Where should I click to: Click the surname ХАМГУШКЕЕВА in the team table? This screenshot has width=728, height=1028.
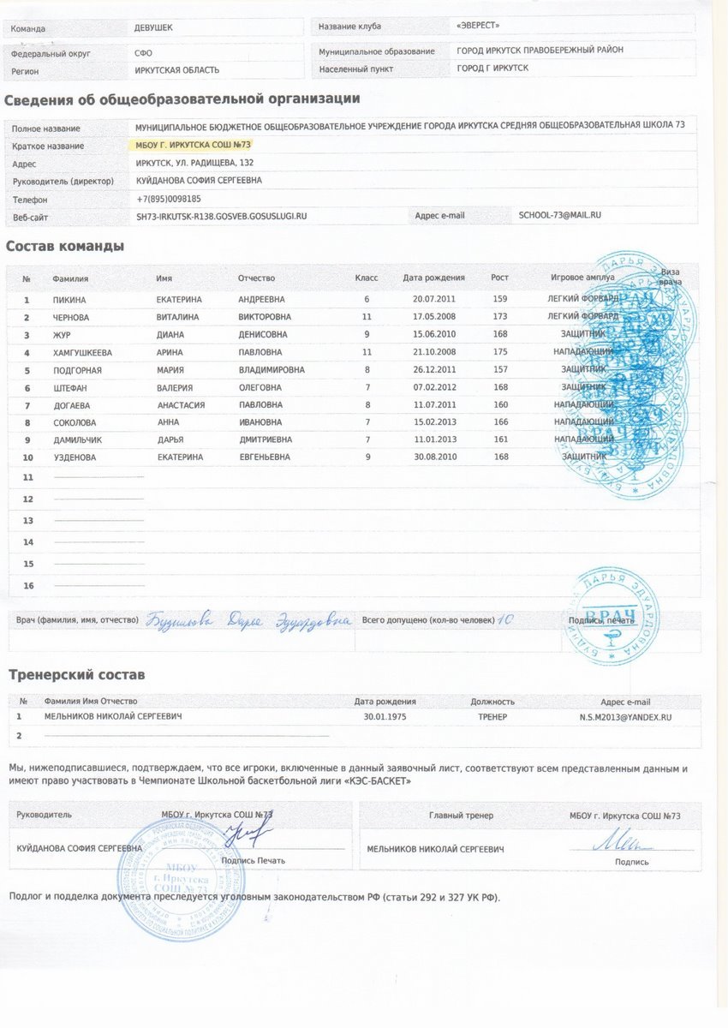[x=82, y=352]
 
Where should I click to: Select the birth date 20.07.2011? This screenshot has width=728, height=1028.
[x=434, y=300]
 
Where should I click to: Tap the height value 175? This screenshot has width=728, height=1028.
[x=501, y=352]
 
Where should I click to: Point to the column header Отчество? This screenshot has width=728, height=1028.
[x=256, y=278]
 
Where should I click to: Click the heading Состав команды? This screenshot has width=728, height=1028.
[x=65, y=247]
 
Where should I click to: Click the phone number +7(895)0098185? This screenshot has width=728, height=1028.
[x=169, y=199]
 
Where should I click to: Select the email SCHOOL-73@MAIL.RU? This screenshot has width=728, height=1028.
[x=560, y=215]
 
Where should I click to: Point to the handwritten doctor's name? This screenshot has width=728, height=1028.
[x=248, y=619]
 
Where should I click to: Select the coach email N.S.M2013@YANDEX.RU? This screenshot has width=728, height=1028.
[x=625, y=716]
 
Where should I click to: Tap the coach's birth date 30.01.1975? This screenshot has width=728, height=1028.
[x=385, y=716]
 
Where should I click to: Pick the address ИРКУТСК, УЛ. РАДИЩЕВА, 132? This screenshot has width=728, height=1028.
[x=194, y=163]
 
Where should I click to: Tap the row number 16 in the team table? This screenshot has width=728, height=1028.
[x=27, y=586]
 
